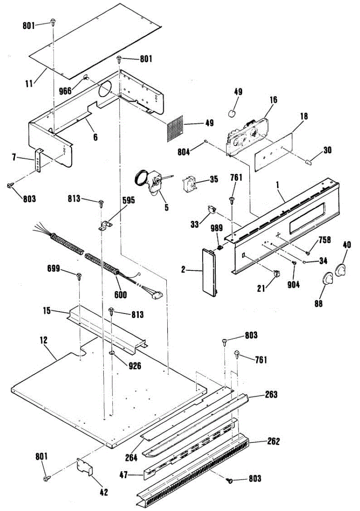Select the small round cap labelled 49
tap(232, 113)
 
